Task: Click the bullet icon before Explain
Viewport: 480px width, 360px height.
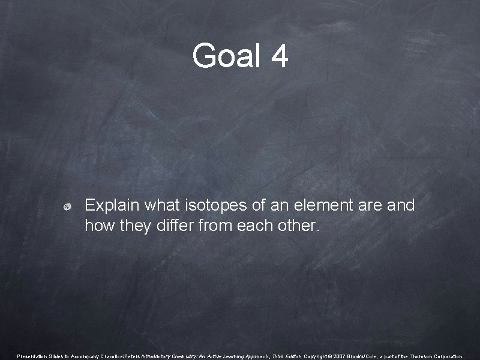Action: (68, 206)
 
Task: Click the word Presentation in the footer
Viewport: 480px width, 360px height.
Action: (32, 356)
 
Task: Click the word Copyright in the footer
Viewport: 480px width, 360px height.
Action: (319, 356)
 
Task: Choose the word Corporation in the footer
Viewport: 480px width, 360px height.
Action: (450, 356)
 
